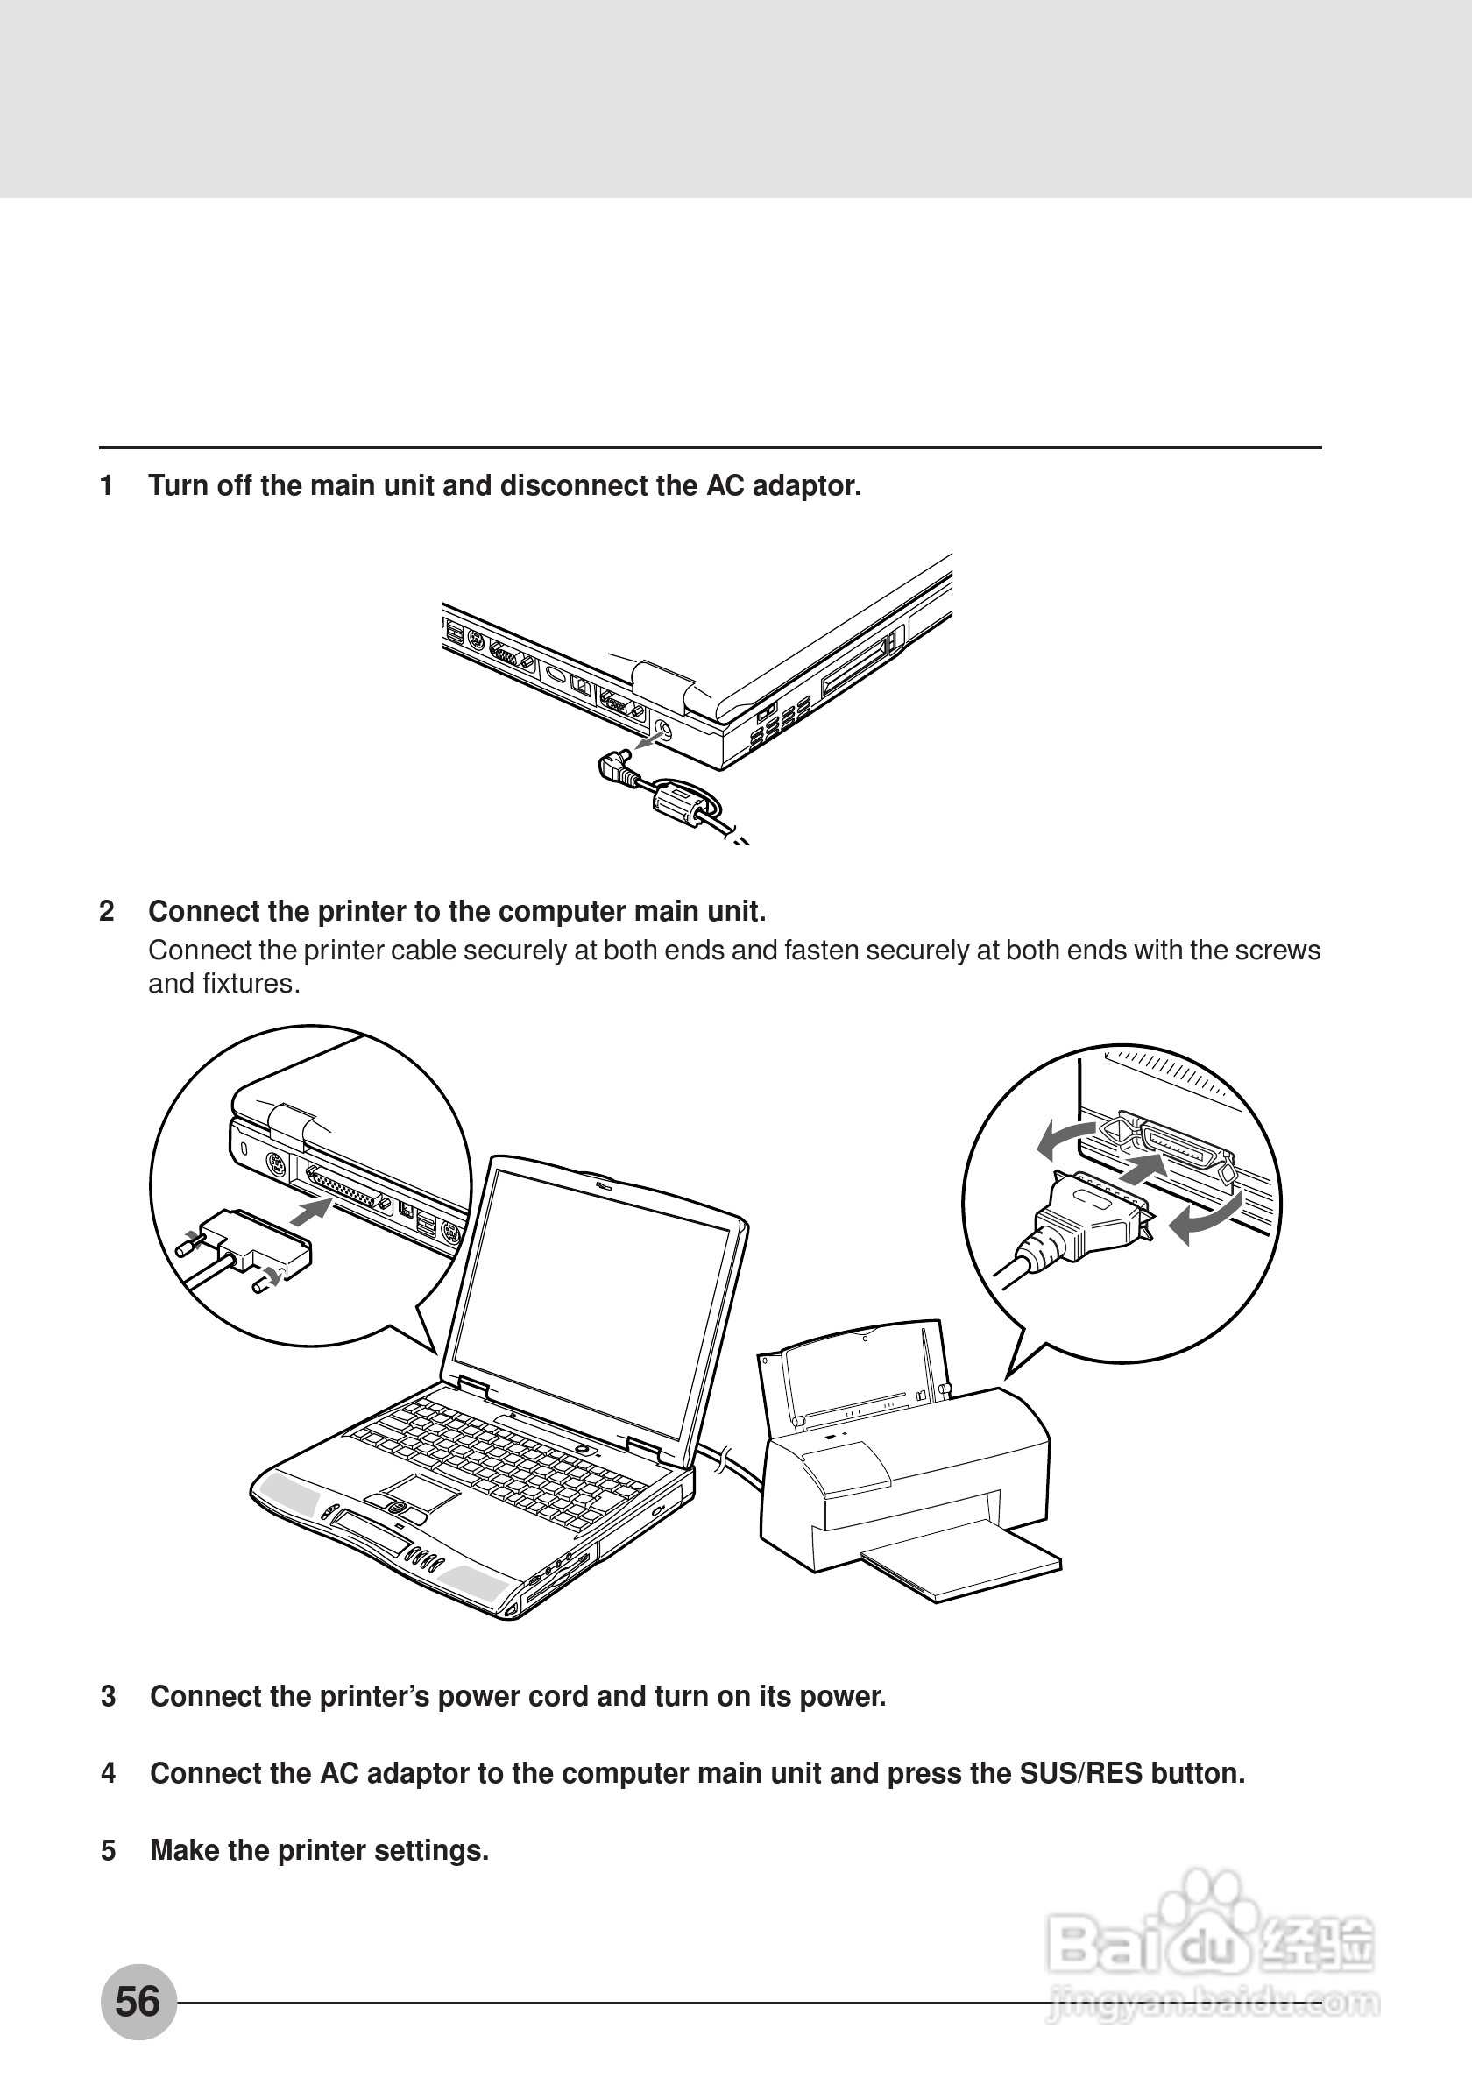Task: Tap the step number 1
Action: point(106,486)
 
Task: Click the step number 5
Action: point(108,1850)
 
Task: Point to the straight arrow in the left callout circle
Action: point(313,1211)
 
